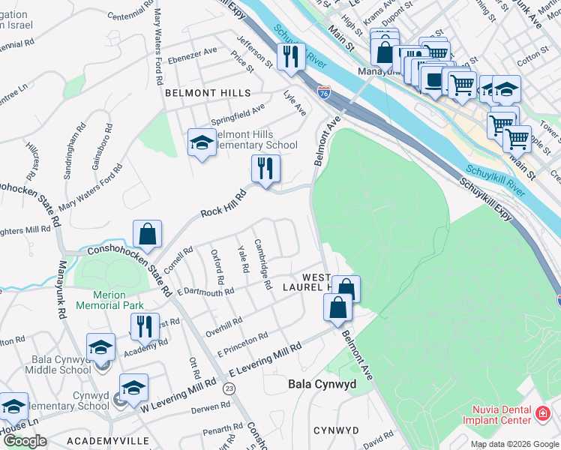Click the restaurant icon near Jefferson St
(289, 56)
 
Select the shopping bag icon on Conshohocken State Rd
(148, 233)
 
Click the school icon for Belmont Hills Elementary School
(201, 142)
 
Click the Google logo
(25, 440)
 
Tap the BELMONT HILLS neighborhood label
(197, 92)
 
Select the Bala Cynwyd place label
(322, 384)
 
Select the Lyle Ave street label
(295, 103)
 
